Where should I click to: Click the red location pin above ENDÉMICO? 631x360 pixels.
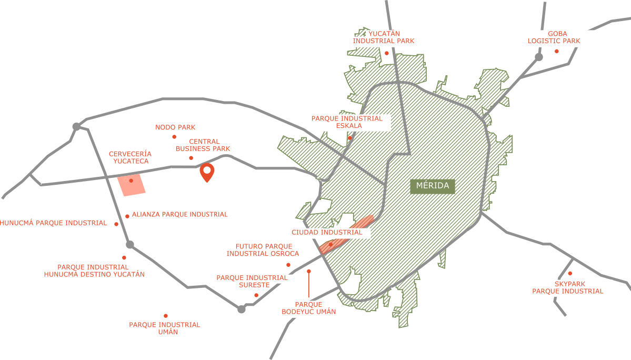point(207,172)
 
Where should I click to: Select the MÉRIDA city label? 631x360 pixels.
point(433,186)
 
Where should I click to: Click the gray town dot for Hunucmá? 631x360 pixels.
point(76,126)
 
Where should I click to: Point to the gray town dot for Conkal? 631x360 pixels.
point(538,56)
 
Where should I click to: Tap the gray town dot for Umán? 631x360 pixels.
point(242,309)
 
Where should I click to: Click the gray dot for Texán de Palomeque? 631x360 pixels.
point(130,244)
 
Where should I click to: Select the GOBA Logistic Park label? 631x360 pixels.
point(558,38)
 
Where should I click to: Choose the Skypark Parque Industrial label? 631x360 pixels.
point(569,288)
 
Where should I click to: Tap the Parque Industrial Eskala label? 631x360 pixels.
point(349,122)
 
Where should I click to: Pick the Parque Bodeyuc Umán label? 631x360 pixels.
point(308,308)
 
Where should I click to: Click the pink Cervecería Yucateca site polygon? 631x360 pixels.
point(132,185)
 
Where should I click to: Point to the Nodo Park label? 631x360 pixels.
point(175,127)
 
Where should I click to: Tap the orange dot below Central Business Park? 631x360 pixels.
point(191,158)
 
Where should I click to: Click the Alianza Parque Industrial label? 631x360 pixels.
point(179,215)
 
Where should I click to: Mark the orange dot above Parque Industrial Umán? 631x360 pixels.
point(166,316)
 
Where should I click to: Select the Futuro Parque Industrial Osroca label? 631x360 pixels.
point(263,250)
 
